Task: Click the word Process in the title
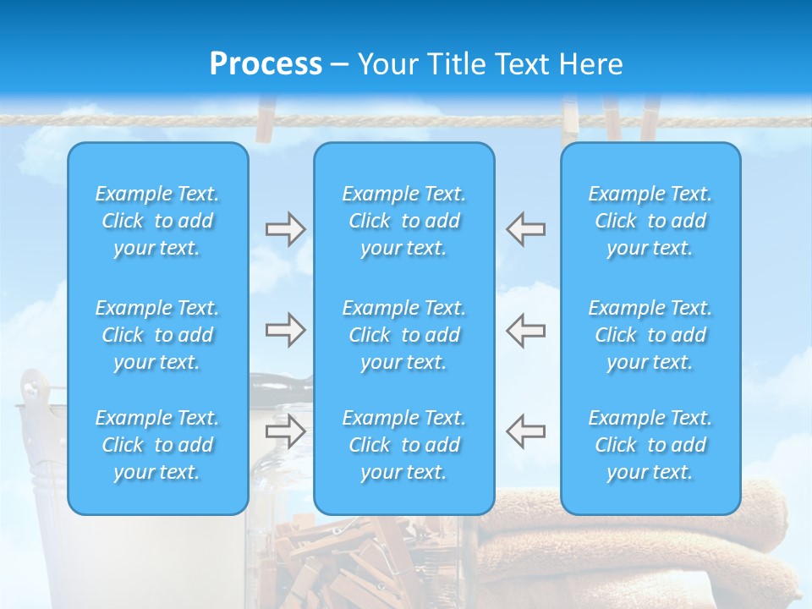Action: point(266,64)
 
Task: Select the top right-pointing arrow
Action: point(285,229)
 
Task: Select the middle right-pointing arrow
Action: point(285,330)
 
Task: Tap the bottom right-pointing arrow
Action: point(285,431)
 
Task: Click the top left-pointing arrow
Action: point(526,229)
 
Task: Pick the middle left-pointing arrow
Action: point(526,330)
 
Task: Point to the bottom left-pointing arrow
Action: point(526,431)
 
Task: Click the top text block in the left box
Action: point(157,221)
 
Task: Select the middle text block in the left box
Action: point(157,335)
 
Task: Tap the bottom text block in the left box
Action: point(157,445)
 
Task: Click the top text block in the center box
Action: point(404,221)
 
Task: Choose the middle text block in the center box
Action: point(404,335)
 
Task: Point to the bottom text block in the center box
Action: point(404,445)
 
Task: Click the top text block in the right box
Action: point(650,221)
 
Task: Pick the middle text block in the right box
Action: point(650,335)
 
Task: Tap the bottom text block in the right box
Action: point(650,445)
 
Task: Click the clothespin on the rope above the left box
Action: point(266,118)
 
